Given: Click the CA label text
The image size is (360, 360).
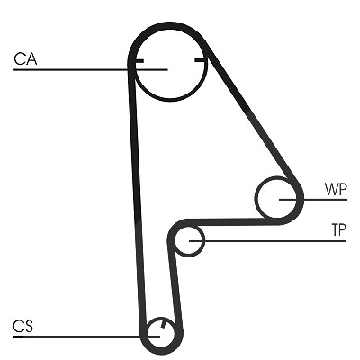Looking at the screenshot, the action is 25,58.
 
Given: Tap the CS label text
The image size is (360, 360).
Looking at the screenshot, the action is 22,327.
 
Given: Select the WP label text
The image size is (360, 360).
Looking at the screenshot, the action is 336,189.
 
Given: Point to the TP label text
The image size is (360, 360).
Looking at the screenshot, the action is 339,230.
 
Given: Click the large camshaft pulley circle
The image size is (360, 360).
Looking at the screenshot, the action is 171,100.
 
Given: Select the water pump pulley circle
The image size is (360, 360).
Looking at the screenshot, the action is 256,198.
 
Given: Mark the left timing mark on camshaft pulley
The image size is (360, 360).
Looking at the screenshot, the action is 139,61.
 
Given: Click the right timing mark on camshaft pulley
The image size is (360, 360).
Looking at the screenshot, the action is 200,60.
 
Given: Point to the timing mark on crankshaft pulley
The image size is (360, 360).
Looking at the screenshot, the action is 163,325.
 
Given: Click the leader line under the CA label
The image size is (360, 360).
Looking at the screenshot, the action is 91,70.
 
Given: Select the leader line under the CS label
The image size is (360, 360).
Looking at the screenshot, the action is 86,337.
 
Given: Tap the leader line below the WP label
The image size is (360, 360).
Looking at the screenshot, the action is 313,200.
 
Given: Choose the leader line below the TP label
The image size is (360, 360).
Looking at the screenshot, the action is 268,241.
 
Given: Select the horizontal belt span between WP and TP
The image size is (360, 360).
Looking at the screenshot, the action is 231,222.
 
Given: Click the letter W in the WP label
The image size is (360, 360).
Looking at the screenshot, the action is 331,189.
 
